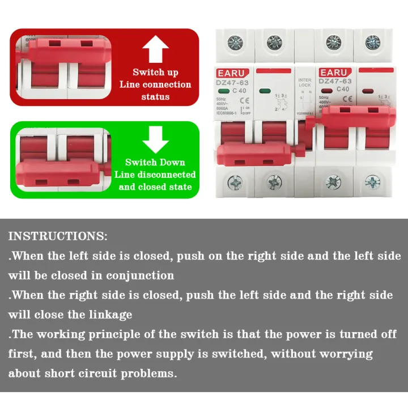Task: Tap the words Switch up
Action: click(155, 72)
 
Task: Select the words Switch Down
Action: click(155, 163)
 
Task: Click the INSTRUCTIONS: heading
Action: click(58, 236)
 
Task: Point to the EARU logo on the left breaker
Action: click(231, 73)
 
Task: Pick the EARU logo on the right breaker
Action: click(334, 73)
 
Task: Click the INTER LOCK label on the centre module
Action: click(305, 84)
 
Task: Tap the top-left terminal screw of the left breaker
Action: click(233, 42)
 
